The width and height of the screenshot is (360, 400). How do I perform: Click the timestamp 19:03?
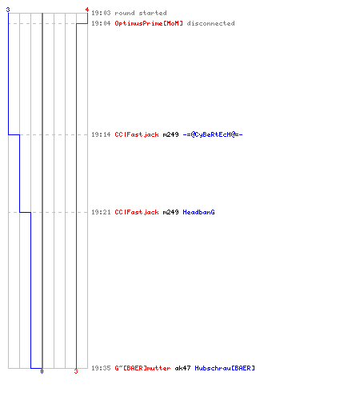(101, 13)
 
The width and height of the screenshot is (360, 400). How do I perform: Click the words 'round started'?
(141, 13)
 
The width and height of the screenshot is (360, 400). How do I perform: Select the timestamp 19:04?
(101, 23)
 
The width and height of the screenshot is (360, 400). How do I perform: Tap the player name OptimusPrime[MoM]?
(149, 23)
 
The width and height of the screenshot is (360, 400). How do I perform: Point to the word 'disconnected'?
(210, 23)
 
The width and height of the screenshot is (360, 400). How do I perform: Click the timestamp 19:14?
(101, 134)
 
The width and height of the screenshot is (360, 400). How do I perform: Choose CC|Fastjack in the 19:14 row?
(137, 134)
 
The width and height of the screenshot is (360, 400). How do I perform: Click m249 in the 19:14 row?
(170, 134)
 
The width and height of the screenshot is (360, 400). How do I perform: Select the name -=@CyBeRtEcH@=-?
(213, 134)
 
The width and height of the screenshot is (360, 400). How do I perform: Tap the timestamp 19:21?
(101, 212)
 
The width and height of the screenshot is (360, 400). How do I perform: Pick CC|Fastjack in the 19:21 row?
(137, 212)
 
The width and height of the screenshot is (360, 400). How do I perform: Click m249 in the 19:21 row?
(170, 212)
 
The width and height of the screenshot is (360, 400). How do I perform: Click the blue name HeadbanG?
(198, 212)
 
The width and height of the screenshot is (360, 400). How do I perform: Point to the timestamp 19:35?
(101, 368)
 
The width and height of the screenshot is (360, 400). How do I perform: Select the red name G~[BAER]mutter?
(142, 368)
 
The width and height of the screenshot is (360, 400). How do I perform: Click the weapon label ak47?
(182, 368)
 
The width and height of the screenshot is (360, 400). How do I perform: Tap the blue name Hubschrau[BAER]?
(225, 368)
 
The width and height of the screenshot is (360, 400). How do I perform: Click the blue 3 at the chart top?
(8, 10)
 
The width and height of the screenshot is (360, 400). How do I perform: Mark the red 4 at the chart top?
(87, 10)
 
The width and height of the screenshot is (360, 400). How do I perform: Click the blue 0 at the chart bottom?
(42, 371)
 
